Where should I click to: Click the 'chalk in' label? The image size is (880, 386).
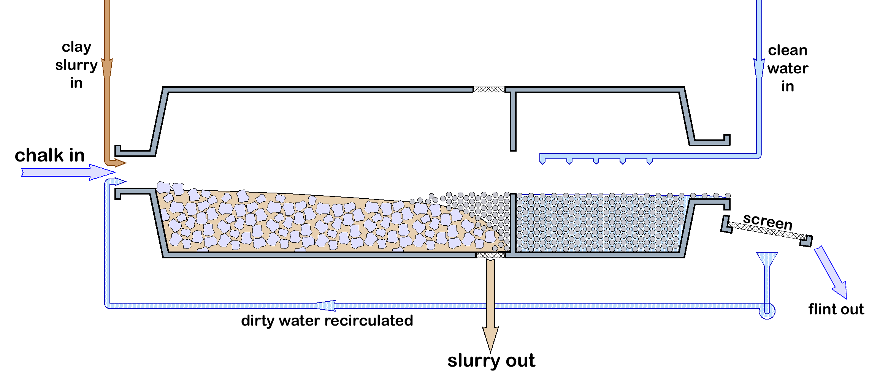(x=49, y=155)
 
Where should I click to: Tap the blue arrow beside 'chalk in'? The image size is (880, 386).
(x=68, y=172)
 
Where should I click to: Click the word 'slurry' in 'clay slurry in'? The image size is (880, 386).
(x=76, y=65)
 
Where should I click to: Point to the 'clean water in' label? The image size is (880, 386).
(x=788, y=68)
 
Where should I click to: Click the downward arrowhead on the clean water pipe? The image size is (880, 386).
(x=759, y=68)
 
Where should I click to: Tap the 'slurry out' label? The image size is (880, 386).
(x=491, y=360)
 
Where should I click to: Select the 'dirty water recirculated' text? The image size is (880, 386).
(x=327, y=321)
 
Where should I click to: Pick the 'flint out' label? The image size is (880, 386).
(x=836, y=309)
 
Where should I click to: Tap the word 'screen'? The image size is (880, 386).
(x=768, y=221)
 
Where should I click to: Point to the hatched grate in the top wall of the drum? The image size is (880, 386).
(x=489, y=90)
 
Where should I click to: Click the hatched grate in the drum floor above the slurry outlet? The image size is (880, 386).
(x=490, y=255)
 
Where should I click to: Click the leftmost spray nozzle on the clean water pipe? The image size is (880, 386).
(x=542, y=161)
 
